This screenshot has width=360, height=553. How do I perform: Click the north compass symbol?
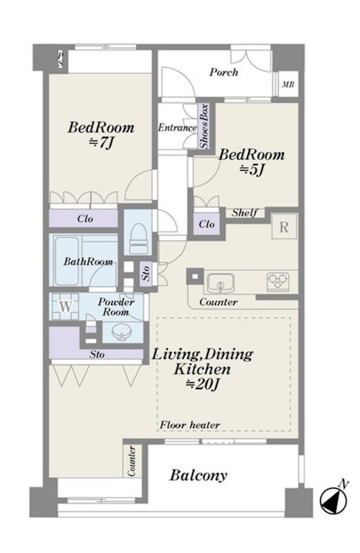pos(334,499)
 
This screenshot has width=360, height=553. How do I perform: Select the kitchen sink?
pos(220,283)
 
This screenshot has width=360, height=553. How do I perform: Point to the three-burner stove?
pos(278,281)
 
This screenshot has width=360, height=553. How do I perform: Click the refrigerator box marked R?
pos(284,227)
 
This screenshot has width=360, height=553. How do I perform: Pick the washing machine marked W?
pos(65,306)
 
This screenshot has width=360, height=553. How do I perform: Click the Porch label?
pos(224,73)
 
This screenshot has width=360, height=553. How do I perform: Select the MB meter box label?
pos(288,84)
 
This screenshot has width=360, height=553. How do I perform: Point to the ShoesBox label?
pos(204,126)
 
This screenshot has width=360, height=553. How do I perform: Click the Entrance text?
pos(177,127)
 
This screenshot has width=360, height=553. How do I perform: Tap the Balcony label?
pos(198,476)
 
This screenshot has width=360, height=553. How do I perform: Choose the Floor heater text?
pos(190,425)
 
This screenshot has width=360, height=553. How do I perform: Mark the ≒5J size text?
pos(252,170)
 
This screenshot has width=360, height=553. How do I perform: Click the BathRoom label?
pos(88,261)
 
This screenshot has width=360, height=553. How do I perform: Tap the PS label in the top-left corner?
pos(61,59)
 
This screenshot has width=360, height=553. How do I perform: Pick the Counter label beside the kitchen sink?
pos(218,302)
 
